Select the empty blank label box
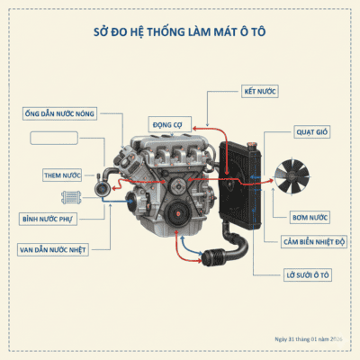60,138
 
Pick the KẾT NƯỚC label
261,92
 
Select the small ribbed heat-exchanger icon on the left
71,198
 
